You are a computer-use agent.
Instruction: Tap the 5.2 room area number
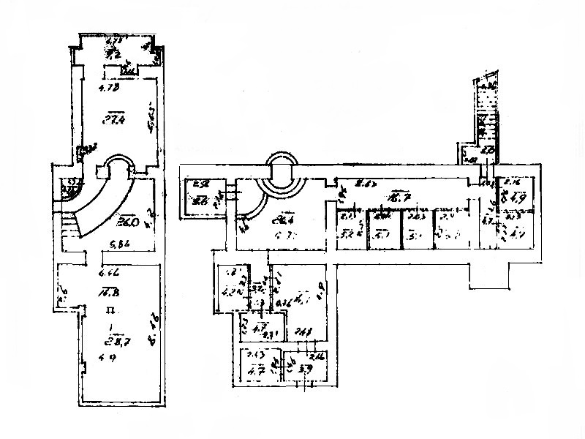point(348,235)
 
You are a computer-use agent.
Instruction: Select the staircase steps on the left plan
point(69,225)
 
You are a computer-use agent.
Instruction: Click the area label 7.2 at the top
point(113,53)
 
